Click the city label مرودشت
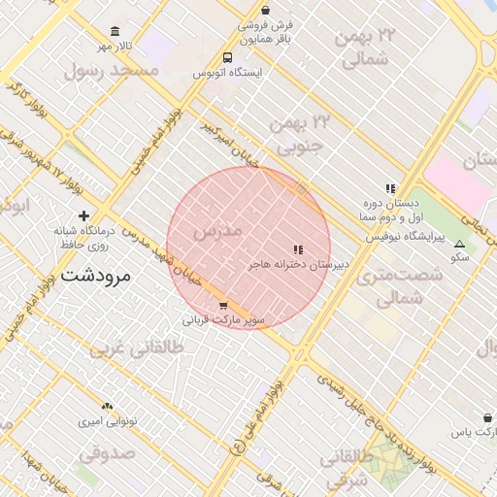click(x=94, y=276)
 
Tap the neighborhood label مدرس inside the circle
click(x=216, y=232)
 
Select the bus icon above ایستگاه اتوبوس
click(x=227, y=57)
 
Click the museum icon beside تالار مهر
click(x=116, y=31)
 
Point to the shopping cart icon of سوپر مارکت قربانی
click(x=224, y=305)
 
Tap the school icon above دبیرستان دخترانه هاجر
click(x=298, y=249)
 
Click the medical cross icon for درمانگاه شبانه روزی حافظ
click(x=84, y=215)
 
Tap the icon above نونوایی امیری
click(x=107, y=407)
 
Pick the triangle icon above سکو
click(x=459, y=243)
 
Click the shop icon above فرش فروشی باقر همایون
click(x=265, y=10)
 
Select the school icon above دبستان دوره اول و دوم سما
click(x=390, y=188)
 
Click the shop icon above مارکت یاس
click(x=486, y=417)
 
